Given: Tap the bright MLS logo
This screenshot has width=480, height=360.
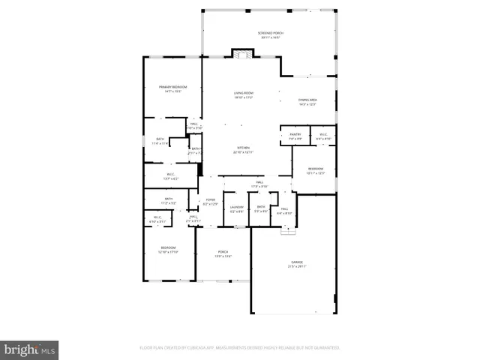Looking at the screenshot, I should tap(30, 349).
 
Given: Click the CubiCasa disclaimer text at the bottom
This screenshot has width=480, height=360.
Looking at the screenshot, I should tap(239, 348).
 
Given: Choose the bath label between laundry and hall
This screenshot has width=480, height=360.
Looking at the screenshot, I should tap(260, 208).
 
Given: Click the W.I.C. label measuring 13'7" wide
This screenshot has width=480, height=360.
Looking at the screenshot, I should tap(171, 176).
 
